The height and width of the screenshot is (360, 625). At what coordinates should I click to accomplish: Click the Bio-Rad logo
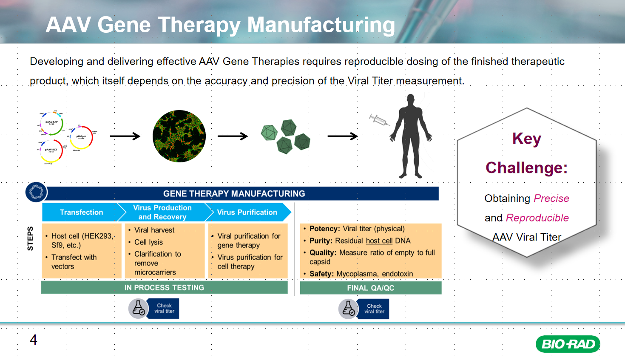pyautogui.click(x=568, y=344)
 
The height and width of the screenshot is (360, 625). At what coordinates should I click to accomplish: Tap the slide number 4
pyautogui.click(x=33, y=340)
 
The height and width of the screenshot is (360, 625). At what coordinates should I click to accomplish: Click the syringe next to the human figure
pyautogui.click(x=379, y=120)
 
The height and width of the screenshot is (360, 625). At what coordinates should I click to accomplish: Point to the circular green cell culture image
pyautogui.click(x=179, y=136)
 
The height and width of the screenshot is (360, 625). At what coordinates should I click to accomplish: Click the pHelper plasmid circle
pyautogui.click(x=81, y=137)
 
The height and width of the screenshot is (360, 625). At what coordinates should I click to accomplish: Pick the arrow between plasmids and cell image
pyautogui.click(x=125, y=136)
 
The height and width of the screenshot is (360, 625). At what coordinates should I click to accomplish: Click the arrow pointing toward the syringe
pyautogui.click(x=342, y=136)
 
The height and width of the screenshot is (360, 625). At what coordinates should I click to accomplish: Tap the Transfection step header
pyautogui.click(x=81, y=212)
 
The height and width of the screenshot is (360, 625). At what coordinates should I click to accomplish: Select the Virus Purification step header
pyautogui.click(x=247, y=212)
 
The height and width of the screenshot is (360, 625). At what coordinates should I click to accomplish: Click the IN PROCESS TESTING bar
pyautogui.click(x=164, y=288)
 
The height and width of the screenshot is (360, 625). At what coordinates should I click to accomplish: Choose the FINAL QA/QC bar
pyautogui.click(x=370, y=288)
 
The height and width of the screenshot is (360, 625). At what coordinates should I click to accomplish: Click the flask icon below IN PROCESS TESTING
pyautogui.click(x=138, y=309)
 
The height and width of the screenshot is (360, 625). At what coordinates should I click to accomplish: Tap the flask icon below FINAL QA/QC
pyautogui.click(x=348, y=309)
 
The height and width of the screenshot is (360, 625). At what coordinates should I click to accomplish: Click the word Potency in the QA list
pyautogui.click(x=324, y=229)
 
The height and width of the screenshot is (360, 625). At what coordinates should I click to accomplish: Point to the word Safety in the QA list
pyautogui.click(x=321, y=274)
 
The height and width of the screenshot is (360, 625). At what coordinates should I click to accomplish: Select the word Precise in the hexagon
pyautogui.click(x=551, y=198)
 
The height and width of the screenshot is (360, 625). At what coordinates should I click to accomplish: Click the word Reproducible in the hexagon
pyautogui.click(x=537, y=218)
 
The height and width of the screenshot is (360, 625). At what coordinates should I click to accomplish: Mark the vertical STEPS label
pyautogui.click(x=30, y=238)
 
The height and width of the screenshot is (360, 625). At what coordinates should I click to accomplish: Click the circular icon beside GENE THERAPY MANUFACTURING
pyautogui.click(x=36, y=192)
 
